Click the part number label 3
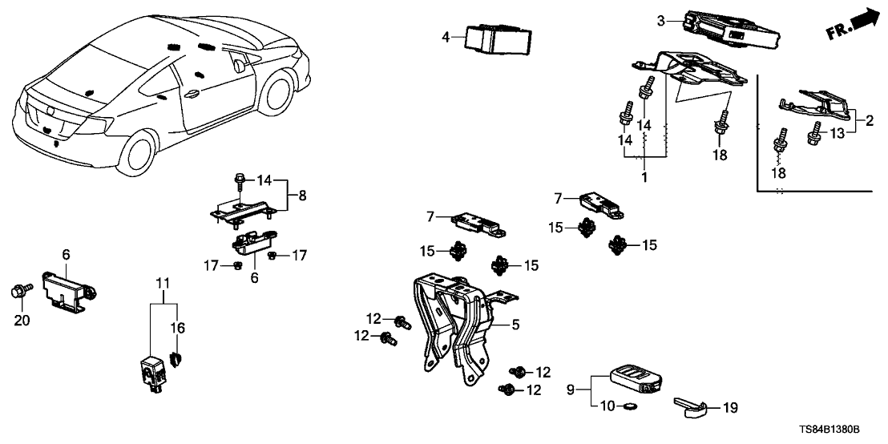click(660, 21)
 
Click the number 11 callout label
click(163, 283)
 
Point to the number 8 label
click(303, 195)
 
